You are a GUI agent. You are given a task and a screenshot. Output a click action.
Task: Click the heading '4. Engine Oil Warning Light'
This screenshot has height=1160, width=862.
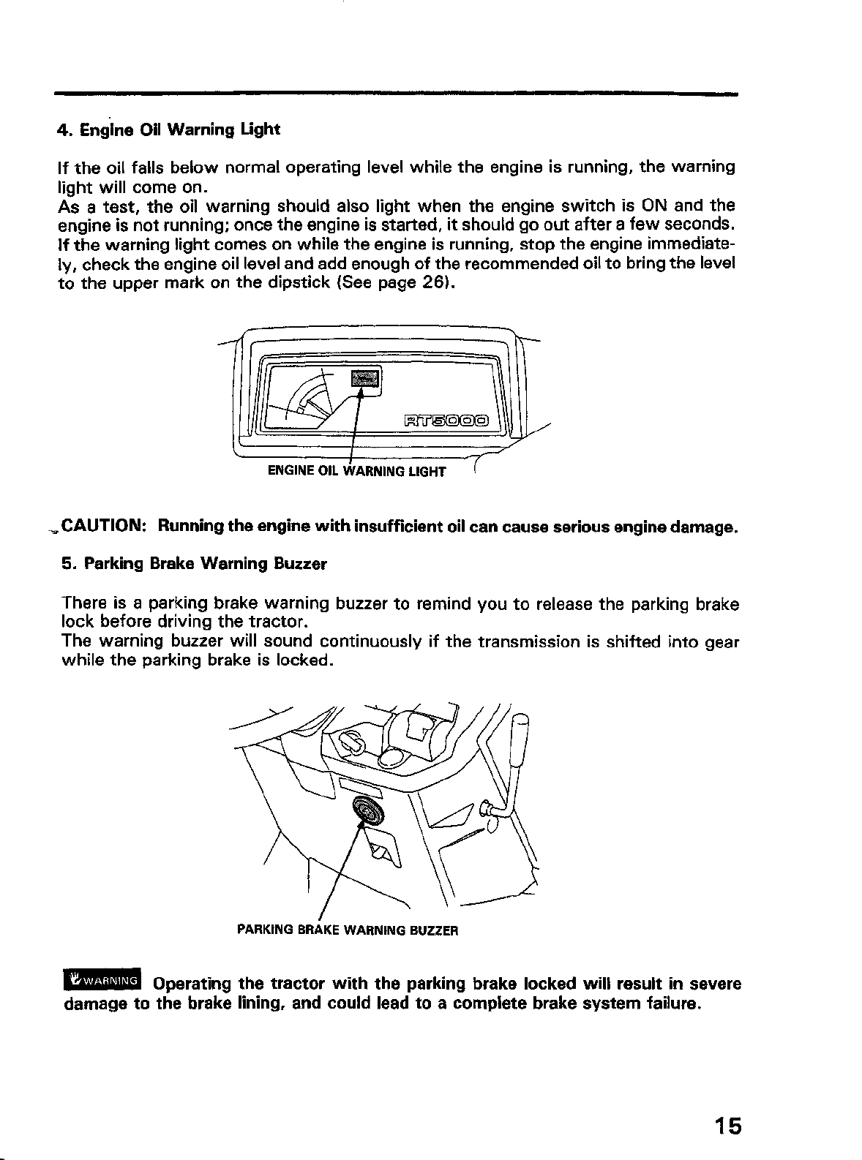coord(168,131)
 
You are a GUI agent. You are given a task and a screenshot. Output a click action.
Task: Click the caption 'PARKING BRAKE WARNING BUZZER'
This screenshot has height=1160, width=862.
coord(348,931)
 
